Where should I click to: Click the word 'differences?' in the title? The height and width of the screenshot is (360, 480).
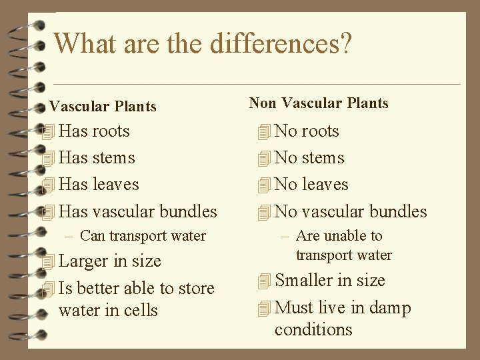(280, 43)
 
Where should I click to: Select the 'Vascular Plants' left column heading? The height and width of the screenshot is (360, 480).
(103, 107)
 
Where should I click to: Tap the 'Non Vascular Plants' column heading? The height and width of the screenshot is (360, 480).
(318, 103)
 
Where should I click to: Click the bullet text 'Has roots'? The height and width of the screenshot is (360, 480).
(94, 131)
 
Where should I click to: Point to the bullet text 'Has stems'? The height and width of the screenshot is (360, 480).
(97, 158)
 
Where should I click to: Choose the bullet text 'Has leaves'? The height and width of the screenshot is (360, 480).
(99, 185)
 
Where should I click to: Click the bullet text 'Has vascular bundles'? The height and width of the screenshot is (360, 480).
(138, 212)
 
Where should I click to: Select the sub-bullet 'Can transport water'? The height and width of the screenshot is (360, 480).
(143, 235)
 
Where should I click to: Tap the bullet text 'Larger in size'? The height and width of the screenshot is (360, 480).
(110, 261)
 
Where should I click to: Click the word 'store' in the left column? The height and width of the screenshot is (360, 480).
(196, 288)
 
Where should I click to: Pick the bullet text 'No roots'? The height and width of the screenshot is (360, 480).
(307, 131)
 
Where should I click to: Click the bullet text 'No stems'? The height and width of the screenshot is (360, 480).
(309, 158)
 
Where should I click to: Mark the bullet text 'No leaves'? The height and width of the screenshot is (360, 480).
(311, 185)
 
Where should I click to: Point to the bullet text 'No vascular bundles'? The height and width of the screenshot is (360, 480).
(351, 212)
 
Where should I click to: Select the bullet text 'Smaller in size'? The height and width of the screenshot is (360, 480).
(329, 281)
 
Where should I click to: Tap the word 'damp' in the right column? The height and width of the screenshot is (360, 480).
(391, 308)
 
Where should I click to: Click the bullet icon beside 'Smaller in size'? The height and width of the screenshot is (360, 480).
(265, 281)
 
